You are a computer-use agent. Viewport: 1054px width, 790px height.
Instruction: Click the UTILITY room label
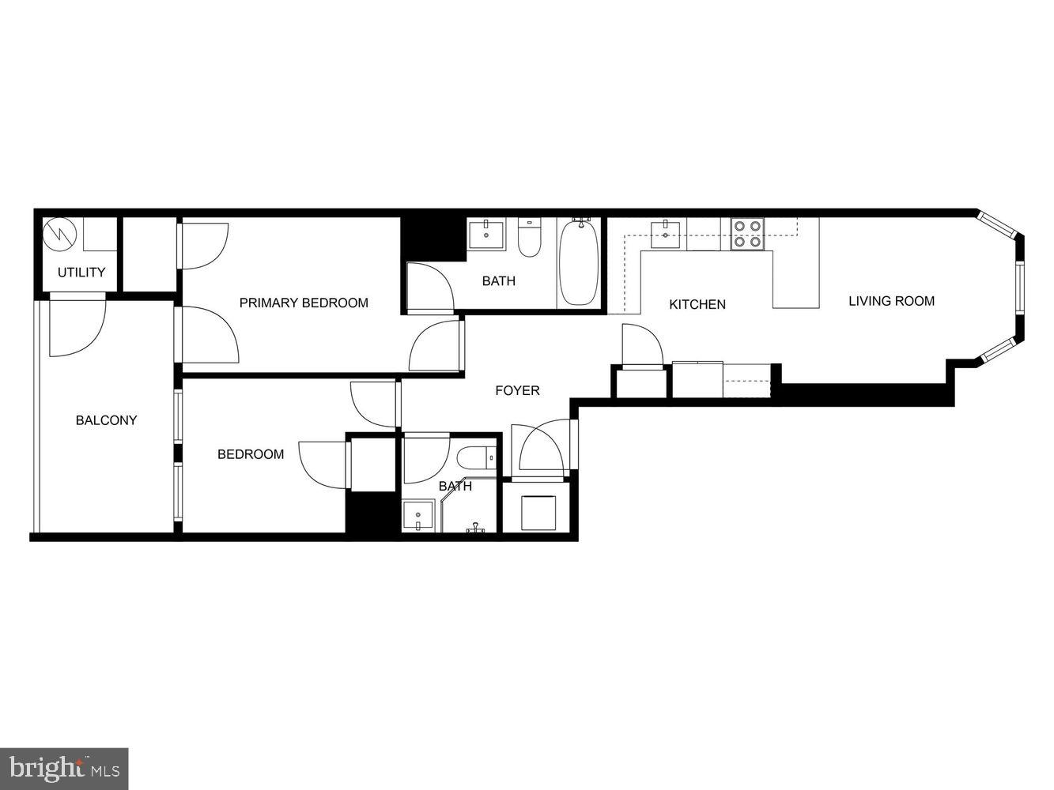(81, 273)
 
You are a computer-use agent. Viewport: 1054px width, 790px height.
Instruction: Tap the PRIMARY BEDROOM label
(304, 303)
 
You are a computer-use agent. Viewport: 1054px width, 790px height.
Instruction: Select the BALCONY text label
(106, 420)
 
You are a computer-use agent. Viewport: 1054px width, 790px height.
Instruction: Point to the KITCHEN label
(697, 304)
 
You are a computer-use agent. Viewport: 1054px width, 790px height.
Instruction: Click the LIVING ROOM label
(891, 301)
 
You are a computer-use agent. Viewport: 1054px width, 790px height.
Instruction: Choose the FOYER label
(517, 390)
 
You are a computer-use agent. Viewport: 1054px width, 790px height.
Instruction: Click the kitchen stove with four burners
(747, 233)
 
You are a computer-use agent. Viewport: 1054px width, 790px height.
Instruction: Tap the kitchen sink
(666, 230)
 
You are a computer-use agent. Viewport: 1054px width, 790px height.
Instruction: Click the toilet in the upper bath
(528, 237)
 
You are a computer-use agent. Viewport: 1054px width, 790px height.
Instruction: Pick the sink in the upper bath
(486, 235)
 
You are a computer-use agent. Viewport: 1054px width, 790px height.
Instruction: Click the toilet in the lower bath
(477, 458)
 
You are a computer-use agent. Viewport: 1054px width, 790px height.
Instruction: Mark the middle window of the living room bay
(1019, 288)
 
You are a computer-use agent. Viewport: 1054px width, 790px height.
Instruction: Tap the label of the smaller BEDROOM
(251, 454)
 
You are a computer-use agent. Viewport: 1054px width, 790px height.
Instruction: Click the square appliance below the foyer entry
(539, 512)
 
